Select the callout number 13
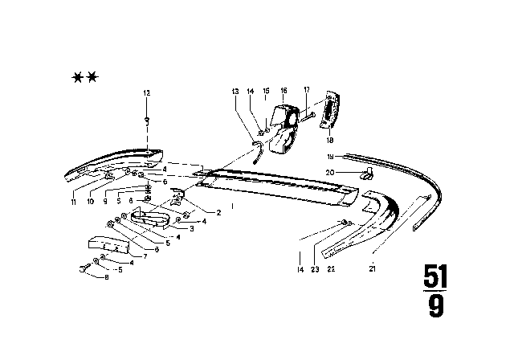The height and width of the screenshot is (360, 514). [x=235, y=93]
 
